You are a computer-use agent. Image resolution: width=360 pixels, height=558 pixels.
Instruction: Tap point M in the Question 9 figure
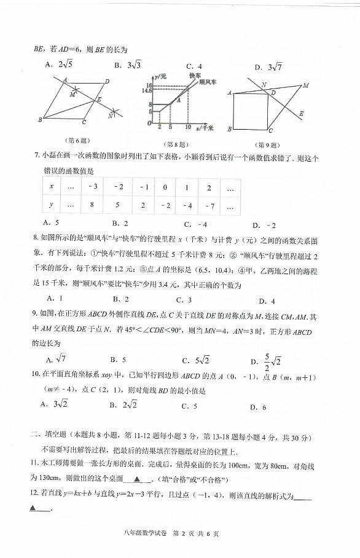point(305,85)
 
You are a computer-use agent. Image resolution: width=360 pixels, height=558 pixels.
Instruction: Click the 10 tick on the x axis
point(188,127)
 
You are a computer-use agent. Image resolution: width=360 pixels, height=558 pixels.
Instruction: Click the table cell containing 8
point(90,205)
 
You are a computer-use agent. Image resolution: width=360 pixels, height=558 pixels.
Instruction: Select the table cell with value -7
point(209,205)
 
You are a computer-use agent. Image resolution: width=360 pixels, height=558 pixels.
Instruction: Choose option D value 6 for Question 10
point(258,406)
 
